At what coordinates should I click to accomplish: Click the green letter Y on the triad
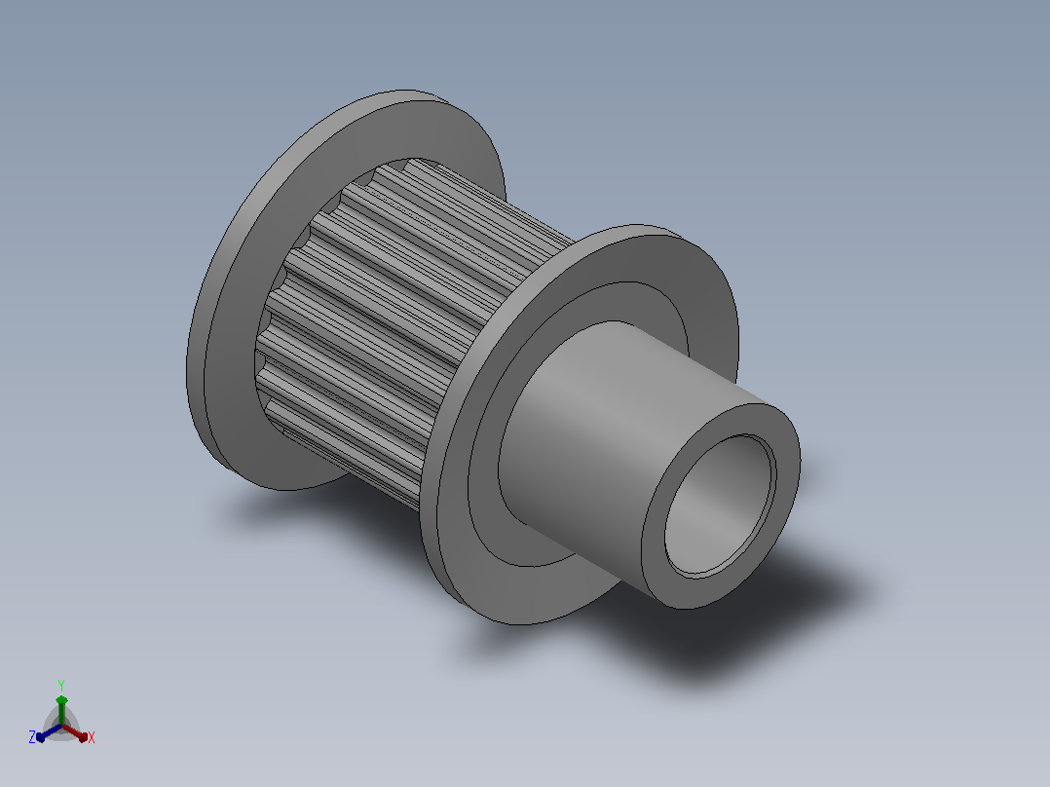tap(61, 686)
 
